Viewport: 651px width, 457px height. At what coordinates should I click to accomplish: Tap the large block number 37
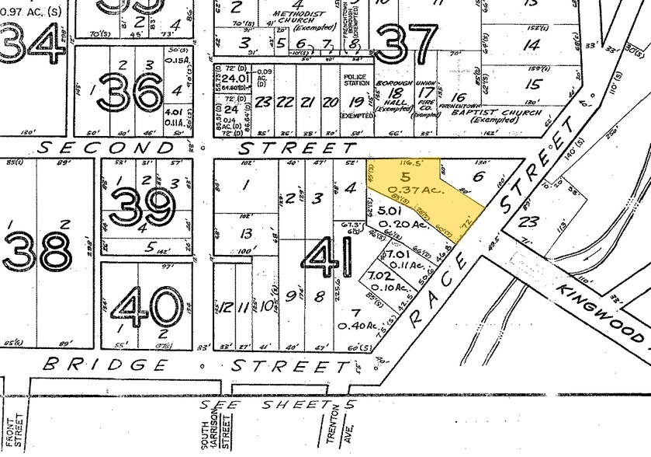(x=401, y=43)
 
